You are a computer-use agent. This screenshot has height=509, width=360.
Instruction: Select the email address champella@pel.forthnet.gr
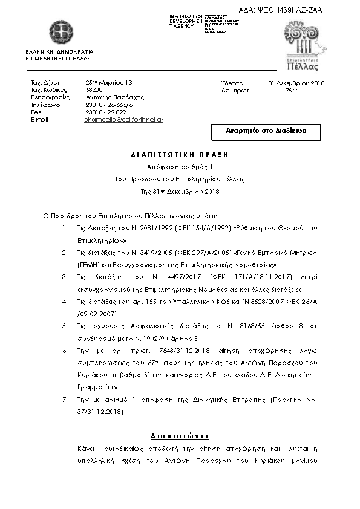point(123,120)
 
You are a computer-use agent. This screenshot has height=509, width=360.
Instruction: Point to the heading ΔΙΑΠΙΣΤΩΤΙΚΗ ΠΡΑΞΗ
point(180,155)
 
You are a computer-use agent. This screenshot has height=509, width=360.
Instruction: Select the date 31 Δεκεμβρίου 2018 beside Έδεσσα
point(296,82)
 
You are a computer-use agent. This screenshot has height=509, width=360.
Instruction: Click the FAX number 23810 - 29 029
point(105,112)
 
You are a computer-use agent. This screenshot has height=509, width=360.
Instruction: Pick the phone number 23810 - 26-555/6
point(109,105)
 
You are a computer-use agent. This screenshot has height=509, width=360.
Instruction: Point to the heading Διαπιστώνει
point(180,436)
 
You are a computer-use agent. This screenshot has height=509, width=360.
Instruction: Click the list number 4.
point(65,300)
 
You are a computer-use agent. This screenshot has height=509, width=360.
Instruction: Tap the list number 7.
point(65,400)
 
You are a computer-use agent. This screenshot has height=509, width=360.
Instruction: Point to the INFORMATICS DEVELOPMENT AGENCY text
point(186,21)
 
